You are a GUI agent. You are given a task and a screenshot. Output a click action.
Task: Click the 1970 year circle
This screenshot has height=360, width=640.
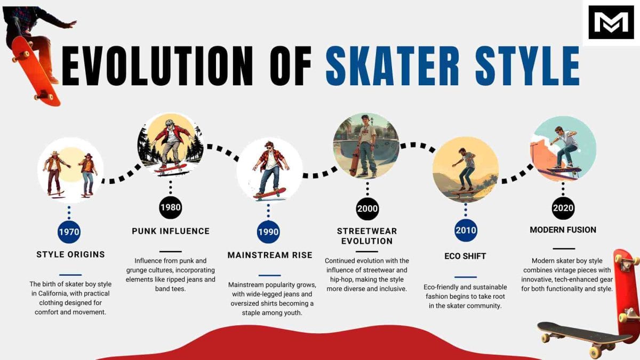69,232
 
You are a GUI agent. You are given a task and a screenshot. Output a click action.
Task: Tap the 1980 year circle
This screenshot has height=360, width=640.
170,207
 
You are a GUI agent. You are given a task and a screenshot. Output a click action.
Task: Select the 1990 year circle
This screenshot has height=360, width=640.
268,232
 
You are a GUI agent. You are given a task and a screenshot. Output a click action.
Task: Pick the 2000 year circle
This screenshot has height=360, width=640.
367,209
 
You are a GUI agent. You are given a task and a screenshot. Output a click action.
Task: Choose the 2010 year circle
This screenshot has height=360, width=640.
466,231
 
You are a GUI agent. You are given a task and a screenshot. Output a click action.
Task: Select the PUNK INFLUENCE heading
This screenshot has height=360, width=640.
171,231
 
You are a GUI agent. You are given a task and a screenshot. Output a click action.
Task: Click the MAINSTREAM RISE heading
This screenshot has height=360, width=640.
270,255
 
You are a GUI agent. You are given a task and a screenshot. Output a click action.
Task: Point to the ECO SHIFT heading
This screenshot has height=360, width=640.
466,256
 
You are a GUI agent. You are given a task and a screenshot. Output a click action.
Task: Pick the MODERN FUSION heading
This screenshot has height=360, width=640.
563,230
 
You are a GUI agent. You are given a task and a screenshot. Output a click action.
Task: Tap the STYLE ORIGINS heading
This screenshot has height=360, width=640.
70,254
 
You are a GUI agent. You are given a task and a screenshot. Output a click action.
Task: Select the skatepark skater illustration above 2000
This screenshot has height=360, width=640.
366,146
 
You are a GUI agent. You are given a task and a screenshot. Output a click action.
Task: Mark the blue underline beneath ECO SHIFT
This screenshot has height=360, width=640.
466,277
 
